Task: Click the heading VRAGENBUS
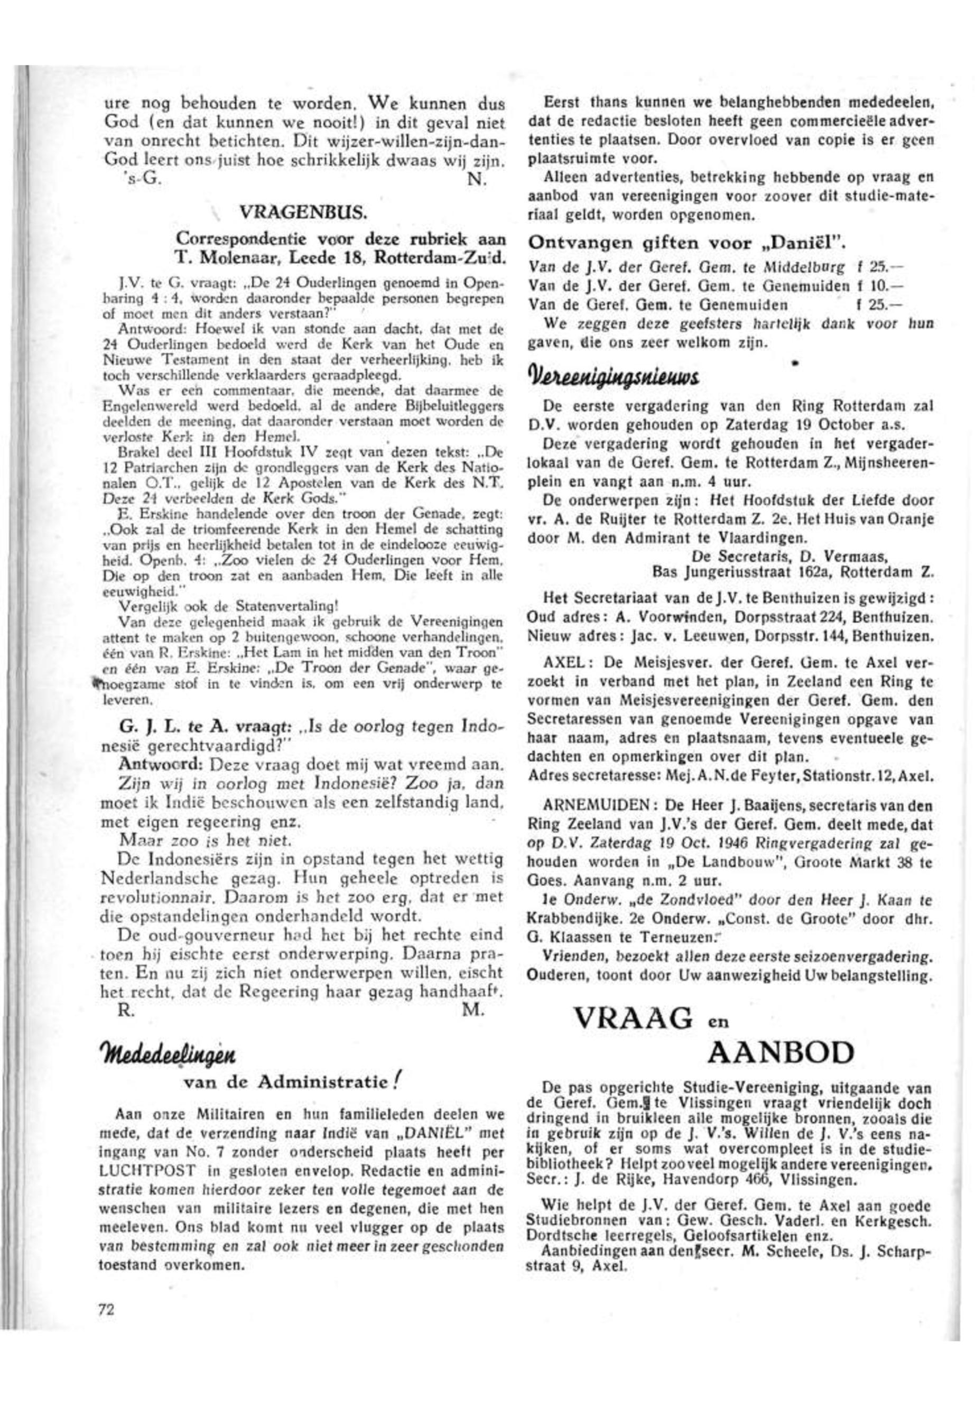point(303,212)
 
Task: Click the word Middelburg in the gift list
point(810,267)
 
